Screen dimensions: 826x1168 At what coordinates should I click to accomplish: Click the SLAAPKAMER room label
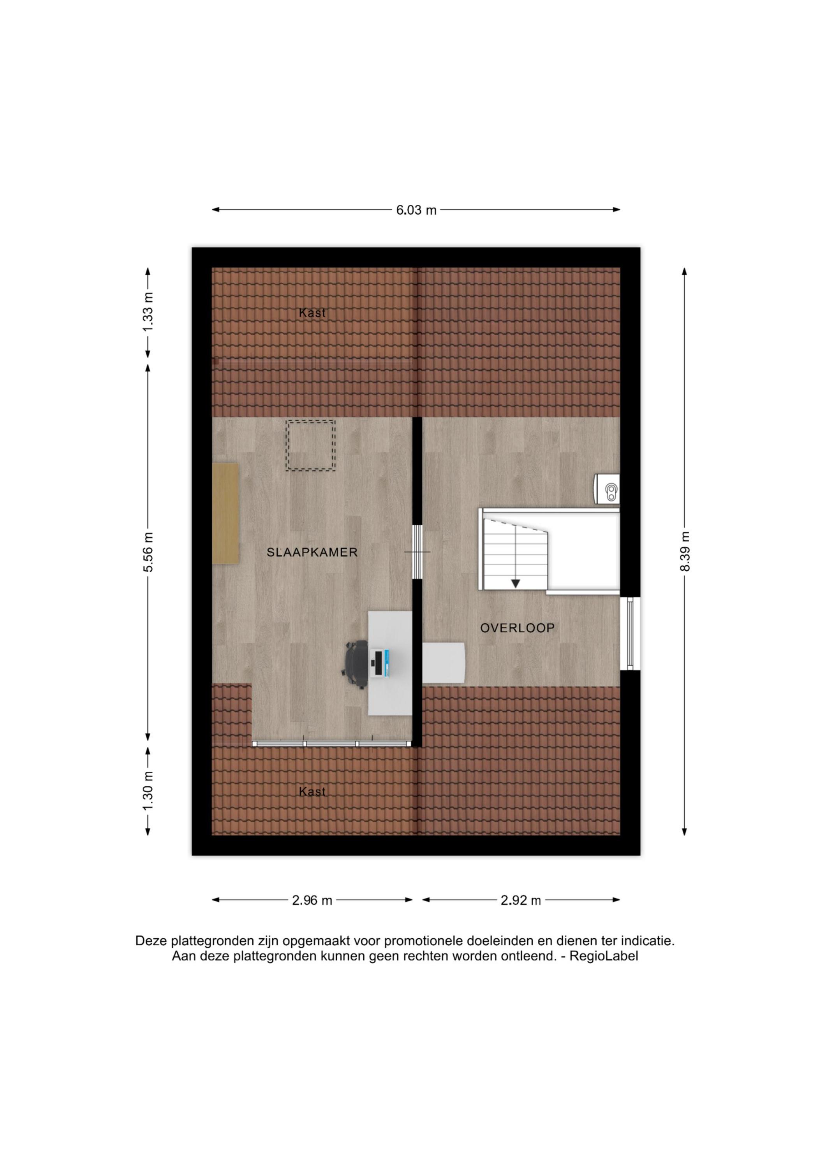(312, 552)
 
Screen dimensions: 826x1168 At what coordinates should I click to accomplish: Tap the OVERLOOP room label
(517, 628)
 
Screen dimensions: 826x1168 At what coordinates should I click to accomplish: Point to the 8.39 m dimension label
(685, 551)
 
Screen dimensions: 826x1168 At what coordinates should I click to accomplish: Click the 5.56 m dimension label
(148, 552)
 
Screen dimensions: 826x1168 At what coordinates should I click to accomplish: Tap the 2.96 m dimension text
(312, 901)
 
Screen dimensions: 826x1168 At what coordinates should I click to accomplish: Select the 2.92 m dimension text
(521, 901)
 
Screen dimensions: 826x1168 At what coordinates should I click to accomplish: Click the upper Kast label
(312, 313)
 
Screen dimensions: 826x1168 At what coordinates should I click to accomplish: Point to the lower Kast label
(312, 792)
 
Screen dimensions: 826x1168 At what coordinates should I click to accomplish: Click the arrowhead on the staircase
(516, 584)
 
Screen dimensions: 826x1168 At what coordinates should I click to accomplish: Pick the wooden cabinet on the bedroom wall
(225, 513)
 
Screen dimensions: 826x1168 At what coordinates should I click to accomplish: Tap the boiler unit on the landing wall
(607, 490)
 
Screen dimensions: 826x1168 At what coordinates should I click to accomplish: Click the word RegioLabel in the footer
(604, 956)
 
